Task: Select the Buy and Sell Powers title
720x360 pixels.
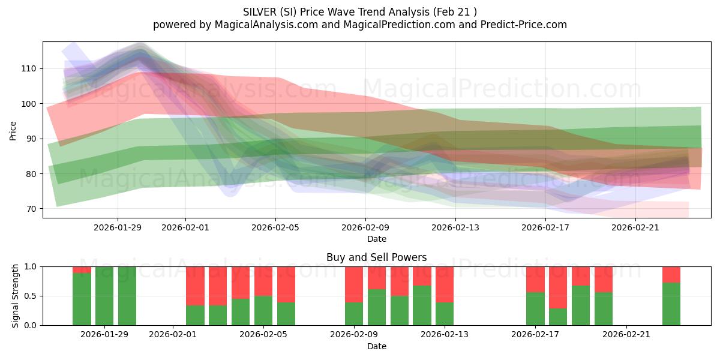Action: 376,257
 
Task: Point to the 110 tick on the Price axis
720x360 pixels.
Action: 29,69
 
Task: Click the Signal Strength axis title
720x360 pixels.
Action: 16,296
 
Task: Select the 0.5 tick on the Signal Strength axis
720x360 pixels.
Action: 30,296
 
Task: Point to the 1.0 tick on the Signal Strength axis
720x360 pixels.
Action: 30,266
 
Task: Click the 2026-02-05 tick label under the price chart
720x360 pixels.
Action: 275,227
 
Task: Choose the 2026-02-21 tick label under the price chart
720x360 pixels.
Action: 636,227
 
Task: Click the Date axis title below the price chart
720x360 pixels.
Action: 376,239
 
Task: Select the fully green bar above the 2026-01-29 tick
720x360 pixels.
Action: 104,296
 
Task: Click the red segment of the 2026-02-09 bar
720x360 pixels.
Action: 354,284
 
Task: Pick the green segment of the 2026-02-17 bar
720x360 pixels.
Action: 535,308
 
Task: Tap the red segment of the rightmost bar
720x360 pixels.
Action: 671,274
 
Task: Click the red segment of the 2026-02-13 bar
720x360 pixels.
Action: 445,284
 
